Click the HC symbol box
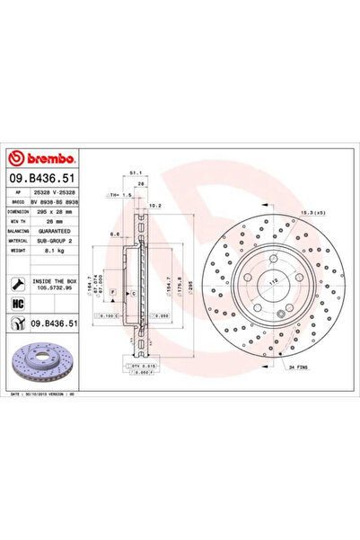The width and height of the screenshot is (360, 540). (17, 305)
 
